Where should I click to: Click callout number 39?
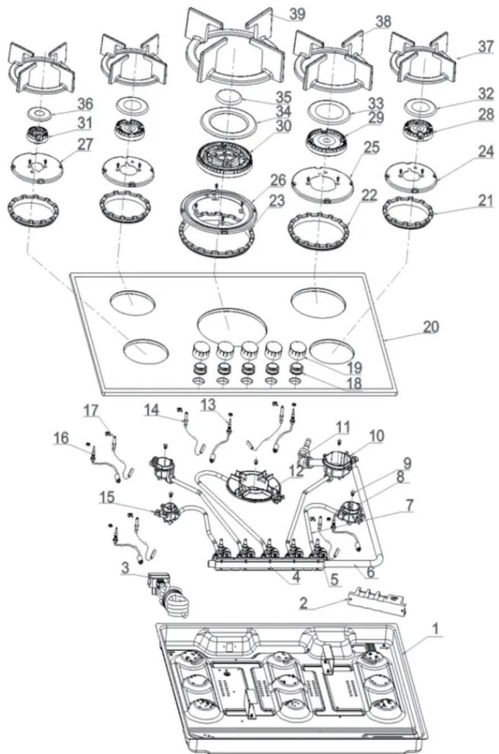tap(297, 14)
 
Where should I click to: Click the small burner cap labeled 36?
tap(38, 113)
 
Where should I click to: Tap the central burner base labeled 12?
tap(254, 486)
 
